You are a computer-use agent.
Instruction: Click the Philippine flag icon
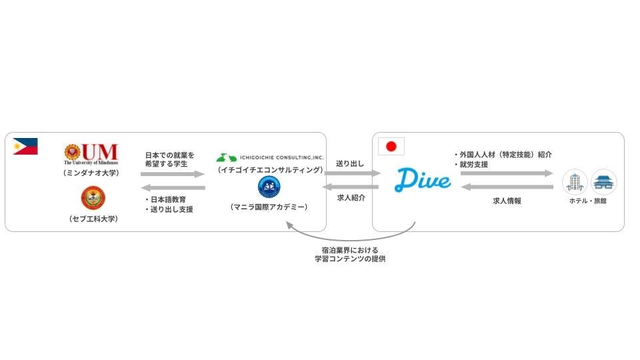[25, 146]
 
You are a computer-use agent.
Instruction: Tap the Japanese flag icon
[391, 146]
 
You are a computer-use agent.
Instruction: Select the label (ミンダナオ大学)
[91, 173]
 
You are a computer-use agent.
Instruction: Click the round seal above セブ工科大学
[93, 197]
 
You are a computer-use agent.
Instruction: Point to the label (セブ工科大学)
[93, 219]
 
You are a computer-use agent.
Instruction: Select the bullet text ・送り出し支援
[169, 209]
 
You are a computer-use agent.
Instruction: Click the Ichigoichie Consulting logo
[269, 157]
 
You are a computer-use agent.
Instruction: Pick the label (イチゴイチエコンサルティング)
[269, 171]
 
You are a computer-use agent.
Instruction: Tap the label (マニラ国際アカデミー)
[269, 207]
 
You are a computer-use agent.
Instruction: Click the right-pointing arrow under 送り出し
[351, 173]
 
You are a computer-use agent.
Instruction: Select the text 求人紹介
[351, 197]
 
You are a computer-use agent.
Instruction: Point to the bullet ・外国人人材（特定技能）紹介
[503, 155]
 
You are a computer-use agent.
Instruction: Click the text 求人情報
[507, 200]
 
